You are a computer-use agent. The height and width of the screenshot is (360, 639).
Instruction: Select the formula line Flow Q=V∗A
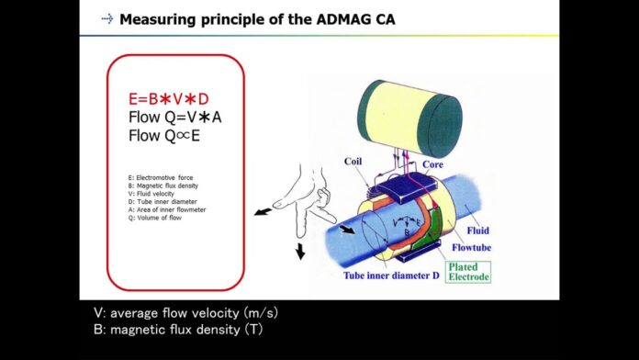pyautogui.click(x=175, y=118)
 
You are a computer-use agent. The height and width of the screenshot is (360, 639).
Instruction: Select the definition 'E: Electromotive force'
pyautogui.click(x=161, y=177)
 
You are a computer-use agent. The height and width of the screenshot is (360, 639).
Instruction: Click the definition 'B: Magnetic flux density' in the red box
pyautogui.click(x=163, y=185)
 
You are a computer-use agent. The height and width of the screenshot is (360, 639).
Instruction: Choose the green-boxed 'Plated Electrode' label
pyautogui.click(x=468, y=271)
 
